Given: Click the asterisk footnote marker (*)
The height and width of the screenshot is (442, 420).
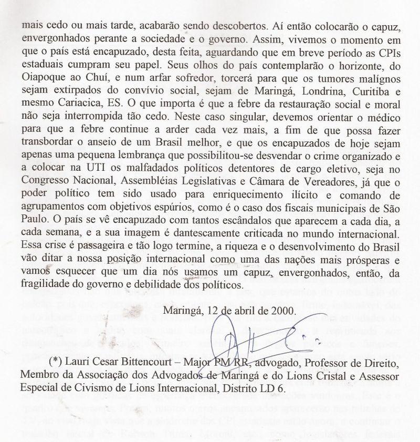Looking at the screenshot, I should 56,363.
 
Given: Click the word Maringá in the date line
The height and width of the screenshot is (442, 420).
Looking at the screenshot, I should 181,310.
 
